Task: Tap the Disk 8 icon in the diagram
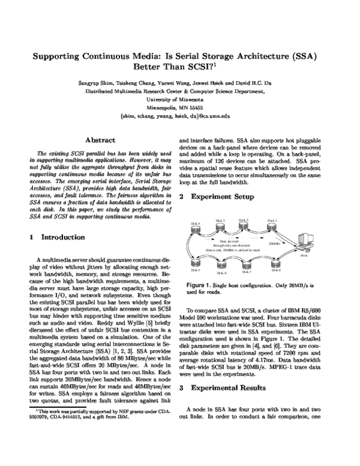(276, 264)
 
